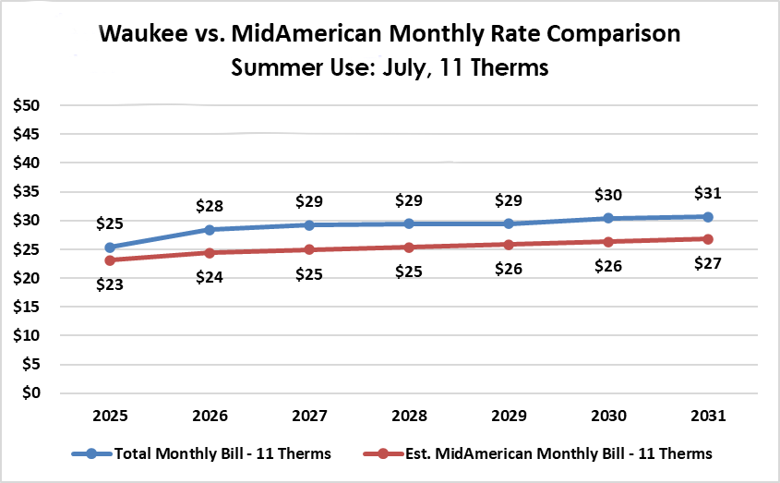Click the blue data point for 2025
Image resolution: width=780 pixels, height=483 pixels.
[110, 248]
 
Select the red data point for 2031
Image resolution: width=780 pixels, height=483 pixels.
[707, 239]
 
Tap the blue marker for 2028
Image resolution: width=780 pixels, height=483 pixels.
[408, 223]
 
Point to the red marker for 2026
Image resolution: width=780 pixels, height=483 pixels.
[210, 253]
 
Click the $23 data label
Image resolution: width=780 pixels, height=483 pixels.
[110, 284]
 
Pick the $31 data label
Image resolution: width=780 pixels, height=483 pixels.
[707, 193]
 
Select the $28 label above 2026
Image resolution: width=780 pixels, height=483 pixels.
[210, 206]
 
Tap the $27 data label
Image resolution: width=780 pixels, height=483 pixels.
[707, 263]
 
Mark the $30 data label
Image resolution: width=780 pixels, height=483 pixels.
[607, 195]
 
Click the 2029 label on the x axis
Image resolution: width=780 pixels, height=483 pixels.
[508, 417]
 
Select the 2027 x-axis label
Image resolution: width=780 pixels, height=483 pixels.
[308, 417]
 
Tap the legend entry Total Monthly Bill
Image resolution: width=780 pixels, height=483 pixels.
[222, 453]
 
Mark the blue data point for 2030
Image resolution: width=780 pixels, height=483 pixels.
[607, 218]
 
